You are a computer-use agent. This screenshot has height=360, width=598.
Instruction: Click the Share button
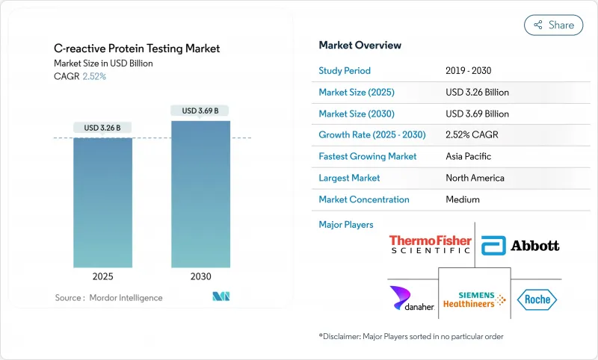pos(553,25)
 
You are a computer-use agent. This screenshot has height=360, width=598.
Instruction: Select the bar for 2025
pos(103,202)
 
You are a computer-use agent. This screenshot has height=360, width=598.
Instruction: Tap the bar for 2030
pos(200,193)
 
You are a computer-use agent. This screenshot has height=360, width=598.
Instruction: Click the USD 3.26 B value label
pos(103,128)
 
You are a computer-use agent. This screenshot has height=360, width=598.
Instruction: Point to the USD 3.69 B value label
pos(200,111)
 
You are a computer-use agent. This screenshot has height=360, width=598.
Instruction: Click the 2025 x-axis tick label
pos(103,276)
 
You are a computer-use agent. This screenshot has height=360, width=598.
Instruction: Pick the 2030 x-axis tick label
pos(200,276)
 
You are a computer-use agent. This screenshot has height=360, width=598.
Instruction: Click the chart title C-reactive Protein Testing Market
pos(137,49)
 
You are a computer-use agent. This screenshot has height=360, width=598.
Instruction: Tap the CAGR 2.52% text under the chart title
pos(80,77)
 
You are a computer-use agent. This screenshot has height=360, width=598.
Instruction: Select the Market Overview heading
pos(360,46)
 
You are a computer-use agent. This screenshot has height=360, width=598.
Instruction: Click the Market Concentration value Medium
pos(463,199)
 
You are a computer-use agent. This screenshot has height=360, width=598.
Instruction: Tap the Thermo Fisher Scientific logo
pos(430,244)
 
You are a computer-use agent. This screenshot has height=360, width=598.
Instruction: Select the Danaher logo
pos(409,300)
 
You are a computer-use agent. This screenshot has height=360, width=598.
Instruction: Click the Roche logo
pos(537,300)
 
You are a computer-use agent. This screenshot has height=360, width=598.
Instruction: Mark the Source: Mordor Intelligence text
pos(108,298)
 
